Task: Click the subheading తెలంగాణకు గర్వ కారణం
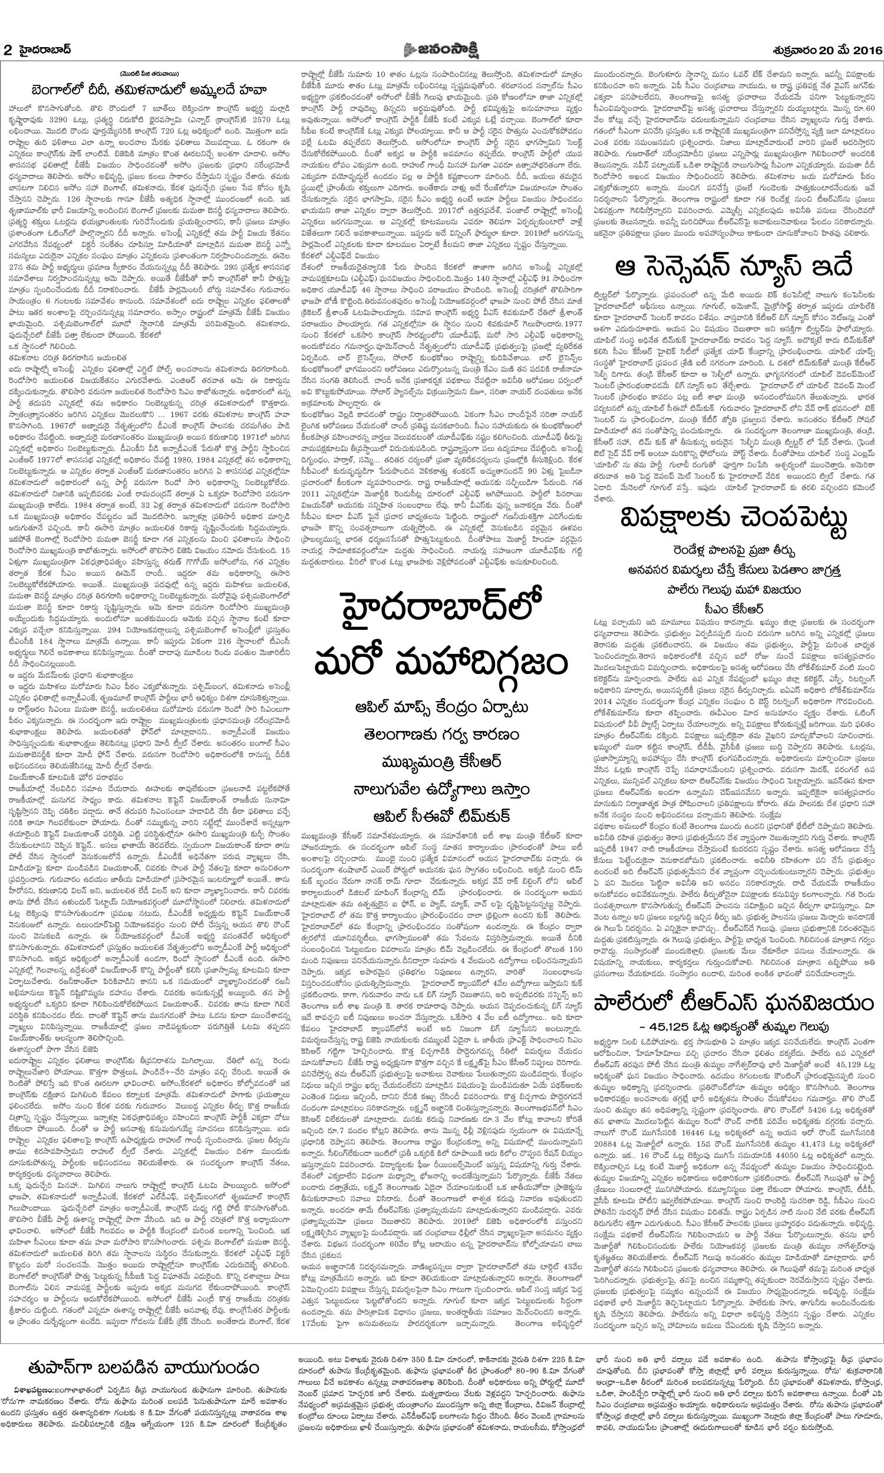441,734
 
